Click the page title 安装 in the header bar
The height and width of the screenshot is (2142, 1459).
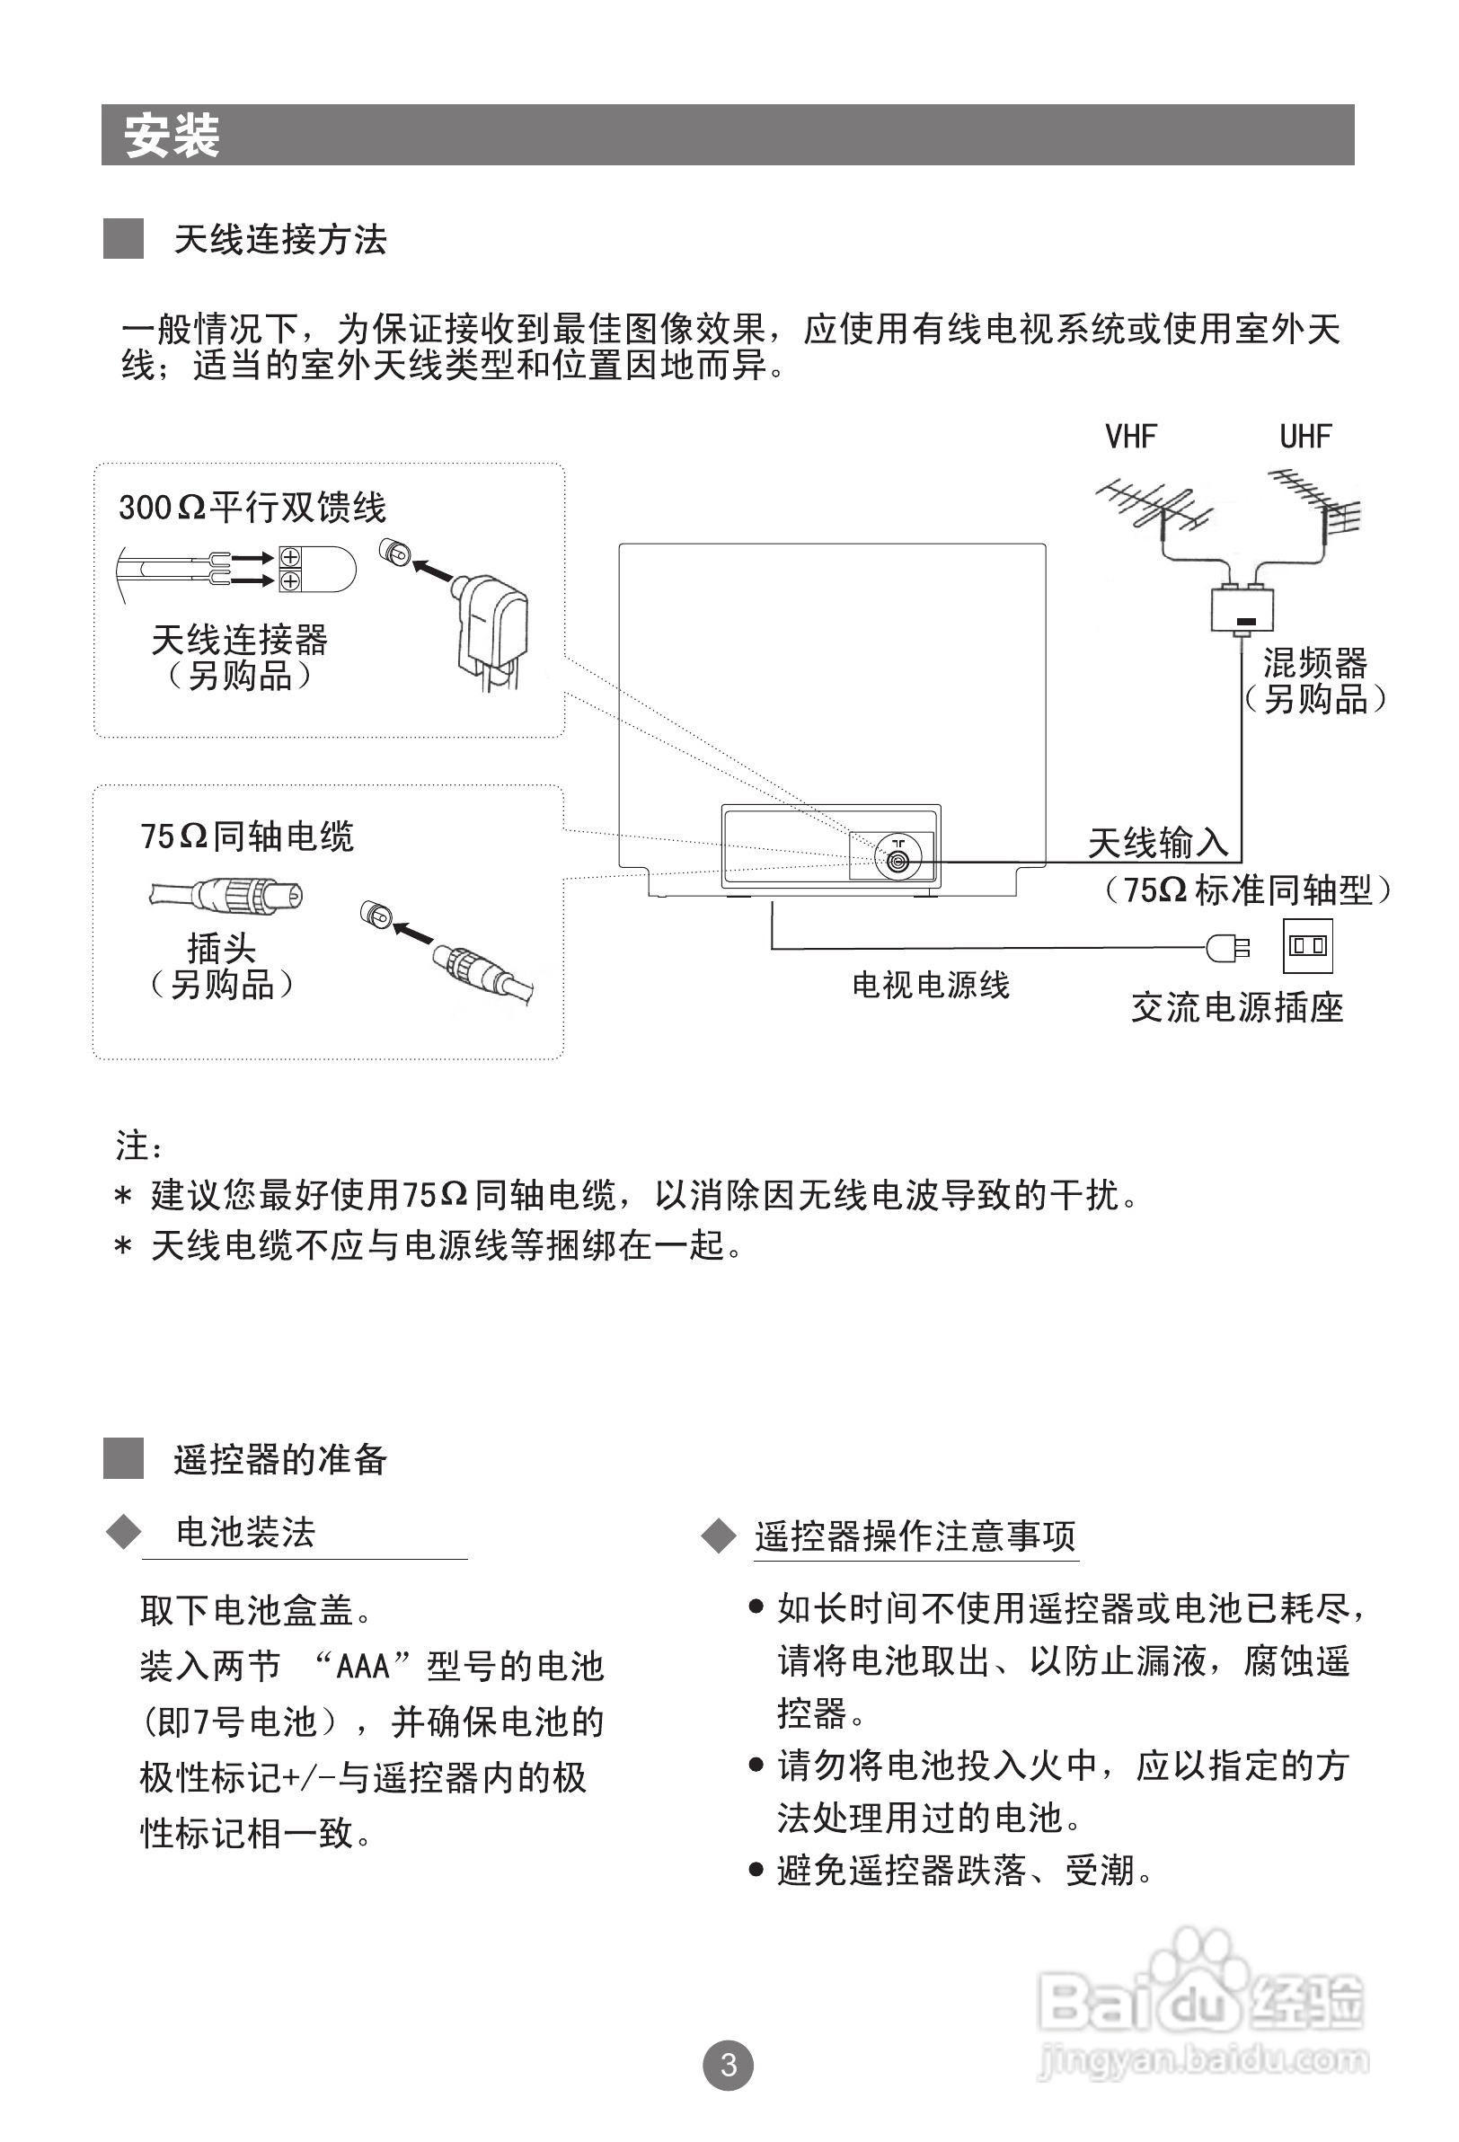coord(172,137)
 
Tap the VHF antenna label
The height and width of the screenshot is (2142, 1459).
coord(1130,437)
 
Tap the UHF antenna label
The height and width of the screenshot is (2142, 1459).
coord(1305,437)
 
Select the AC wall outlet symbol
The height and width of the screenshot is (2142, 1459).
coord(1308,945)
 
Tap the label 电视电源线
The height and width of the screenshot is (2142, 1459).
coord(930,986)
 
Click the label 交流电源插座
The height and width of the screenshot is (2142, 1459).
coord(1237,1007)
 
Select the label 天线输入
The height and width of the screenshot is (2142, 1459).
coord(1158,843)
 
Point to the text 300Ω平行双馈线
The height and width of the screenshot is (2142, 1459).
coord(252,508)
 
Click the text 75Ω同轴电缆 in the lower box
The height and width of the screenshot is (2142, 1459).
coord(247,836)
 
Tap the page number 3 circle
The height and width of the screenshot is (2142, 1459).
coord(728,2065)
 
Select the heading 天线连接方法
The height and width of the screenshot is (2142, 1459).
coord(280,241)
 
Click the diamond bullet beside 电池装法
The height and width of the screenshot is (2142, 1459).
coord(123,1533)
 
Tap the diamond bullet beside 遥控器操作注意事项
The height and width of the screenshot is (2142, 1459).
coord(718,1536)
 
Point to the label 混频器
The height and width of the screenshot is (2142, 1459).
coord(1314,663)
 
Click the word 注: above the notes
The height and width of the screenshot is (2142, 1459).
coord(139,1147)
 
